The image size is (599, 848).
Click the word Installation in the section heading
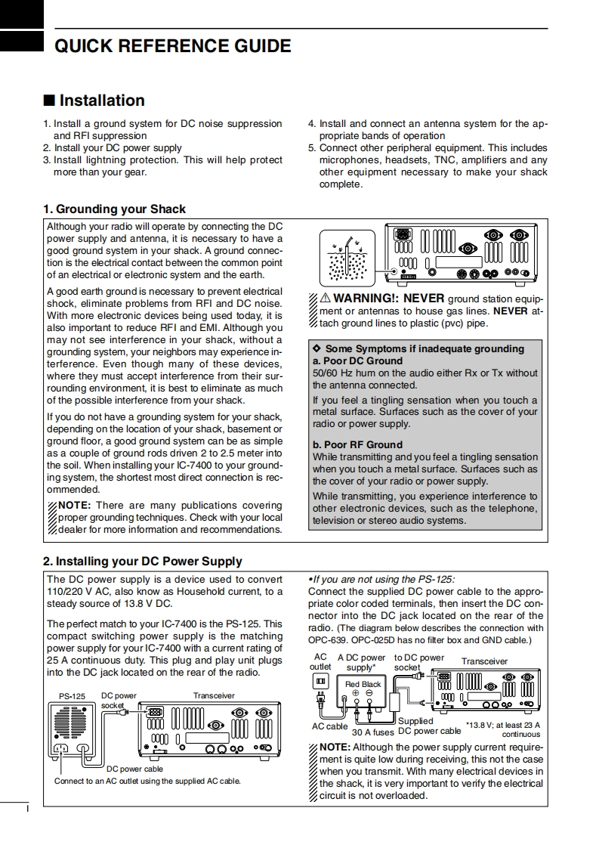pos(101,101)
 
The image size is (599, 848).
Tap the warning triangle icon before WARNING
pos(326,299)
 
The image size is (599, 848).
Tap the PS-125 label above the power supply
pos(73,695)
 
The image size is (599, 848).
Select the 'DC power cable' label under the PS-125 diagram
pos(134,769)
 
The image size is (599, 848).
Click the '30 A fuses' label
pos(372,732)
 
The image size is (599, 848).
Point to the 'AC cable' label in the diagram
pos(330,726)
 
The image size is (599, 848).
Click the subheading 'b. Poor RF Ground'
pos(357,444)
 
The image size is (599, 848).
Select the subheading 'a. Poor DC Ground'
pos(357,361)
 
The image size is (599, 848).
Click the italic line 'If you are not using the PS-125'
pos(382,579)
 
